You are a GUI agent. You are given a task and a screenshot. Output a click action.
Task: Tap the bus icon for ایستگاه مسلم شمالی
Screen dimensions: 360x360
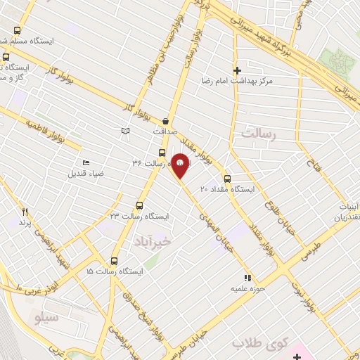pyautogui.click(x=17, y=30)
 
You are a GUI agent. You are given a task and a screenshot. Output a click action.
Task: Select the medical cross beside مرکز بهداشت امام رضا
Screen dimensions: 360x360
pyautogui.click(x=237, y=70)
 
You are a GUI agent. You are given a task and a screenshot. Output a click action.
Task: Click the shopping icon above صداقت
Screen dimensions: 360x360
pyautogui.click(x=165, y=120)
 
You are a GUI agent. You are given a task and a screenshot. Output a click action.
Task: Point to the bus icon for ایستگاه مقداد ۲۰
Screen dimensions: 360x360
pyautogui.click(x=227, y=179)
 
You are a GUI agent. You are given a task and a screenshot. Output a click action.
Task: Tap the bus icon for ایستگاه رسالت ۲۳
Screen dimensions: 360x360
pyautogui.click(x=139, y=206)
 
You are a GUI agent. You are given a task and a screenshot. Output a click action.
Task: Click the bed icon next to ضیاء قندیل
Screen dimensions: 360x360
pyautogui.click(x=86, y=162)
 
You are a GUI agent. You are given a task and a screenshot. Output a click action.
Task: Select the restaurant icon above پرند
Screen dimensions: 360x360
pyautogui.click(x=25, y=211)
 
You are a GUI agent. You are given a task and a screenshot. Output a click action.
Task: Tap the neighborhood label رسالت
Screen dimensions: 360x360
pyautogui.click(x=259, y=132)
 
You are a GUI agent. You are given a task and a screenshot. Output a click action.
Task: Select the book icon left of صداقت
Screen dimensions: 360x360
pyautogui.click(x=126, y=131)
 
